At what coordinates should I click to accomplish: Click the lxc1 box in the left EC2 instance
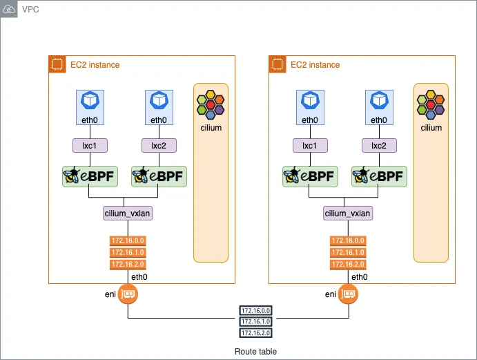86,146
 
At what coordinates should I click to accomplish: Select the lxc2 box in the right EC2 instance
379,146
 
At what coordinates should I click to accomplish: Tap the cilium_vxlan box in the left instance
128,214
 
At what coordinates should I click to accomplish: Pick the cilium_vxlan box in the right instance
348,214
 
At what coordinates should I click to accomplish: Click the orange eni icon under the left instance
128,294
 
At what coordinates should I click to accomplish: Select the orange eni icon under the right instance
349,294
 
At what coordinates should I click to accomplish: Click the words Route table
255,352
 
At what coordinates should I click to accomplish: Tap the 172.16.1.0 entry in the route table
256,322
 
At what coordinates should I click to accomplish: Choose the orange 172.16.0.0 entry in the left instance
127,241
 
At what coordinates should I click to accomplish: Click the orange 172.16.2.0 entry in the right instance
347,264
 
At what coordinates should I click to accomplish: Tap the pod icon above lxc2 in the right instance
379,101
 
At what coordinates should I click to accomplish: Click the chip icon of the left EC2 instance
58,64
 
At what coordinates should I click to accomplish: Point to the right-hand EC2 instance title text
315,65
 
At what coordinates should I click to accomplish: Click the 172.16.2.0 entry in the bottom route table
256,333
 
